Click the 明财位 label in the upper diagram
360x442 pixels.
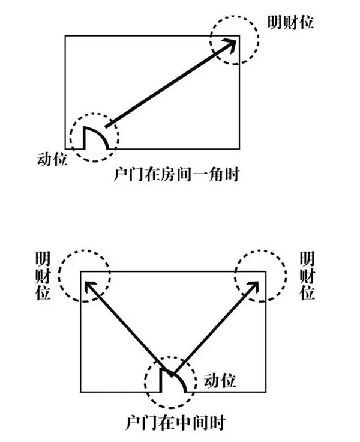(291, 22)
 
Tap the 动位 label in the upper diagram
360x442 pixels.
(52, 160)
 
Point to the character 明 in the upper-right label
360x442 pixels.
(274, 22)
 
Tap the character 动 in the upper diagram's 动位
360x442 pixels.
(44, 160)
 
